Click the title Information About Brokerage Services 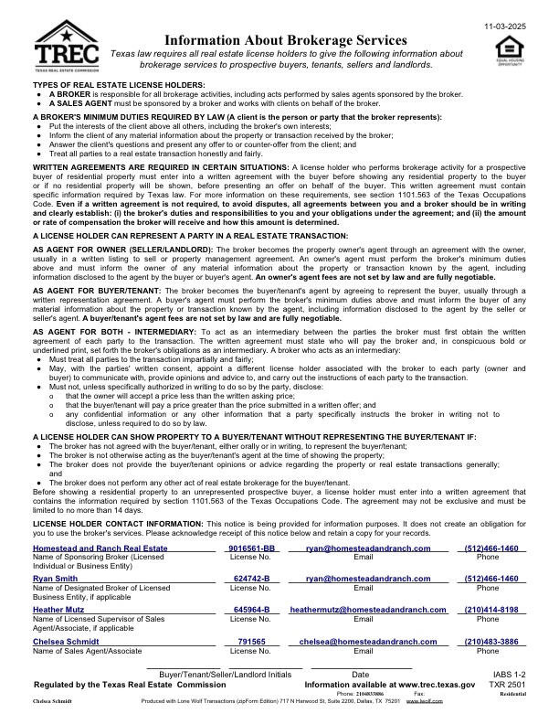pyautogui.click(x=286, y=40)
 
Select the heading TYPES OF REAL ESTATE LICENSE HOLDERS pyautogui.click(x=106, y=85)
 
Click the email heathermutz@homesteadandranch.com pyautogui.click(x=366, y=609)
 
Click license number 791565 pyautogui.click(x=252, y=643)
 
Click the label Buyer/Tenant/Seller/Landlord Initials pyautogui.click(x=226, y=674)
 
